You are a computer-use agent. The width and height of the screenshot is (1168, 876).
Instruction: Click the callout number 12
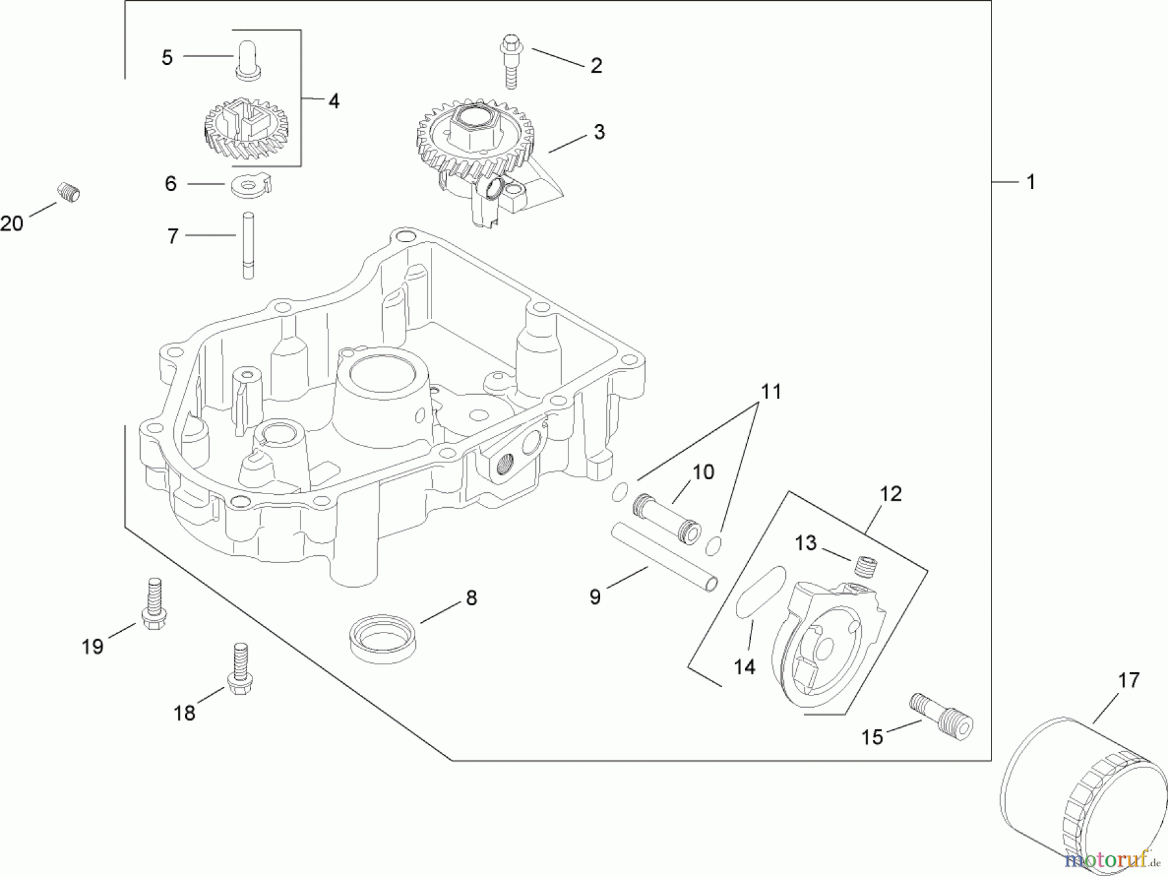(890, 494)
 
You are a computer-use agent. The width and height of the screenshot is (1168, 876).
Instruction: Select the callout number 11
(771, 392)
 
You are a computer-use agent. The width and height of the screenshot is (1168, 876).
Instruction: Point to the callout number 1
(1030, 182)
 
